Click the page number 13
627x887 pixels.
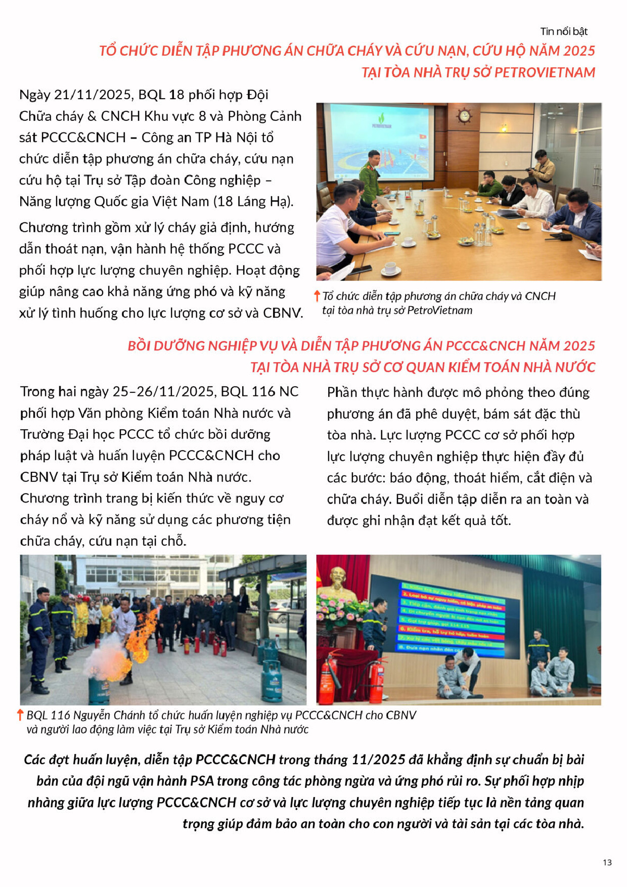point(607,862)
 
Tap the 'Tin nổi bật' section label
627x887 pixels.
point(564,31)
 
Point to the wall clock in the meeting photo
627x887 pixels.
point(464,116)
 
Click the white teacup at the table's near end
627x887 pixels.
point(390,269)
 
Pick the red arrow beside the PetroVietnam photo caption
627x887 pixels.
point(317,296)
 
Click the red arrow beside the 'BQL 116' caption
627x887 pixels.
point(20,715)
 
